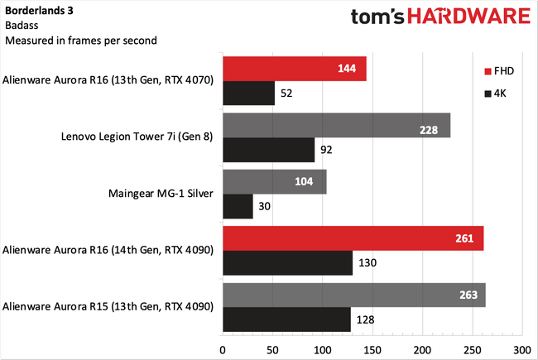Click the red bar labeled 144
[x=294, y=70]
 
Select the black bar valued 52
[x=248, y=94]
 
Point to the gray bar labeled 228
[x=336, y=127]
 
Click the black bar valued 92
[x=268, y=151]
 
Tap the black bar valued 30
[x=238, y=207]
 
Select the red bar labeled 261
[x=353, y=239]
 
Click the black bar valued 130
[x=287, y=263]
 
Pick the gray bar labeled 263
[x=353, y=295]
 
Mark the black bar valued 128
[x=286, y=319]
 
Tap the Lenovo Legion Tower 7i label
[x=137, y=138]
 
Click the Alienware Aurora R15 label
[x=109, y=307]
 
